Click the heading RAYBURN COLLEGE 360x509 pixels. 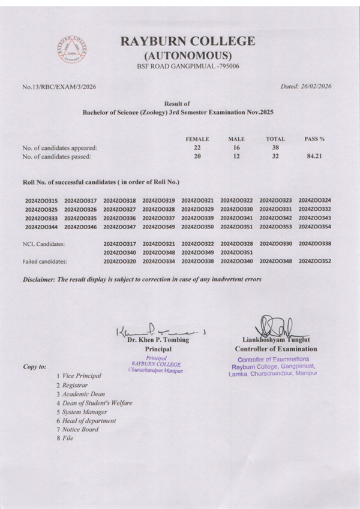coord(187,41)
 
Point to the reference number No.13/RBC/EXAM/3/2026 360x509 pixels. coord(59,87)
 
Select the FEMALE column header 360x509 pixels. coord(197,139)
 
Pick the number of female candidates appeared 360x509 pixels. coord(197,148)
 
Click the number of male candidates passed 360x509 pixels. coord(236,157)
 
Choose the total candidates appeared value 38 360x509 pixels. coord(275,148)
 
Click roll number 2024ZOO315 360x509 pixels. coord(41,200)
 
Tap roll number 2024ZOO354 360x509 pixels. coord(314,227)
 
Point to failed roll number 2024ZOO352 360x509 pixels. coord(314,262)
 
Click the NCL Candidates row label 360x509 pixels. coord(44,245)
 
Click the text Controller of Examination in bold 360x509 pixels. coord(276,349)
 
